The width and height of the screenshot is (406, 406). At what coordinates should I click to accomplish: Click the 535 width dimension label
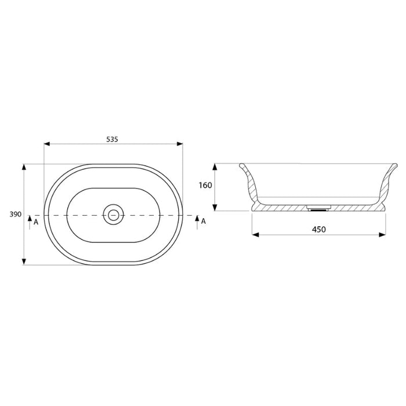(113, 139)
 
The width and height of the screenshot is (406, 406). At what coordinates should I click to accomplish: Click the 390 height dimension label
(15, 215)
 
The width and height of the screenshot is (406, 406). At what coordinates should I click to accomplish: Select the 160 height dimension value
(205, 186)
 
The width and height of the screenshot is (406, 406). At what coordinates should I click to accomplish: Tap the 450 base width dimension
(318, 229)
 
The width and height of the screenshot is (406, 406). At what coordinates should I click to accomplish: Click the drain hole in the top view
(114, 215)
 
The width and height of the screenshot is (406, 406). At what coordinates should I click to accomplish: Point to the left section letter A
(36, 222)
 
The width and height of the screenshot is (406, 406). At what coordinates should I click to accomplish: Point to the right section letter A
(203, 222)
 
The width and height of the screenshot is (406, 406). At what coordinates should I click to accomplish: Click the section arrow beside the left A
(29, 220)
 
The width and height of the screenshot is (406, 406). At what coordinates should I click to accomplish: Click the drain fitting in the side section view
(318, 206)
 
